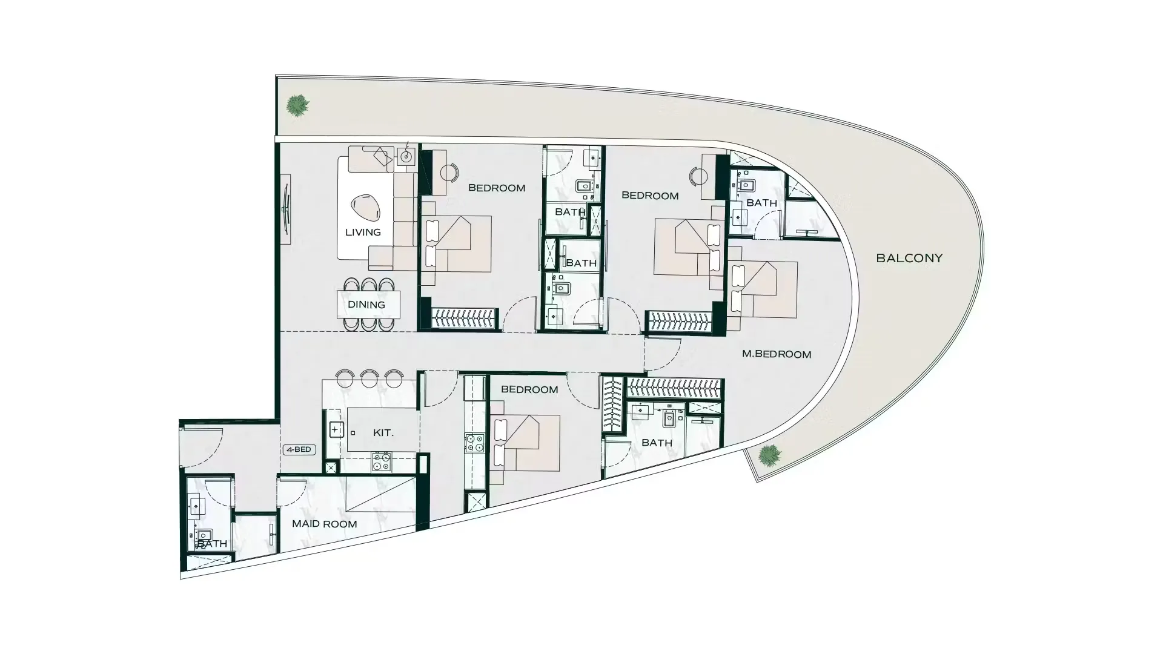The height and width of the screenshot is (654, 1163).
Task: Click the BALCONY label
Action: tap(909, 258)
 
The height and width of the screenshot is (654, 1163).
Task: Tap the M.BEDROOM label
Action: tap(777, 354)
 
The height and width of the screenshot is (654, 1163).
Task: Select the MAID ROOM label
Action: tap(324, 524)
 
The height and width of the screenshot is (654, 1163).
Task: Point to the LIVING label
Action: tap(363, 232)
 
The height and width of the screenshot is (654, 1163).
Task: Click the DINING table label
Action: tap(366, 305)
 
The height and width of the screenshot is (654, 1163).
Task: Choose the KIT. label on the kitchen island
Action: tap(383, 433)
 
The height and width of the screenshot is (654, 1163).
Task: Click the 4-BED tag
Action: tap(299, 449)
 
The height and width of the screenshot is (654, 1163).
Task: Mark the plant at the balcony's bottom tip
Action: tap(769, 455)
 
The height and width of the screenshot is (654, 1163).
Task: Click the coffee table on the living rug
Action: tap(366, 206)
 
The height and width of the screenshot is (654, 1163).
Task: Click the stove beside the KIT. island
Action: tap(381, 462)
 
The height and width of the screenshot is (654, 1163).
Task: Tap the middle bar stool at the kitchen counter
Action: tap(369, 378)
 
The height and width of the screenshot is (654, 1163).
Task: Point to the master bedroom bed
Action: tap(763, 289)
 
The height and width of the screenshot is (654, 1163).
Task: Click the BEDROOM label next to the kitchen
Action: tap(529, 389)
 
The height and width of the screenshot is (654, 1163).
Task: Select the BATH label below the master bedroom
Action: tap(657, 443)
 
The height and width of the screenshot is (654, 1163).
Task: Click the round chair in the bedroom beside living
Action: tap(449, 173)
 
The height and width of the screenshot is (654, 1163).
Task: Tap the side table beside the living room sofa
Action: tap(406, 157)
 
